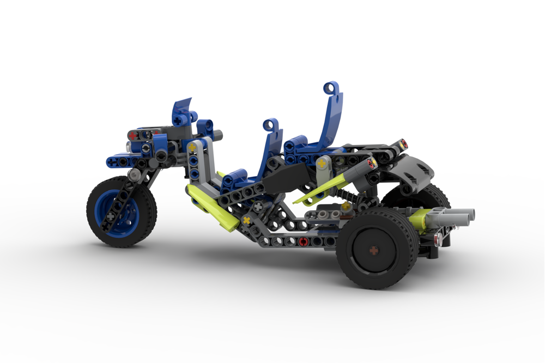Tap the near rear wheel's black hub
[374, 251]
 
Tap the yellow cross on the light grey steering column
[192, 147]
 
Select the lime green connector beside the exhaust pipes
[419, 219]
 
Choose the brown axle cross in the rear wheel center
[374, 251]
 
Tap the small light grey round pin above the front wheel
[133, 174]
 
